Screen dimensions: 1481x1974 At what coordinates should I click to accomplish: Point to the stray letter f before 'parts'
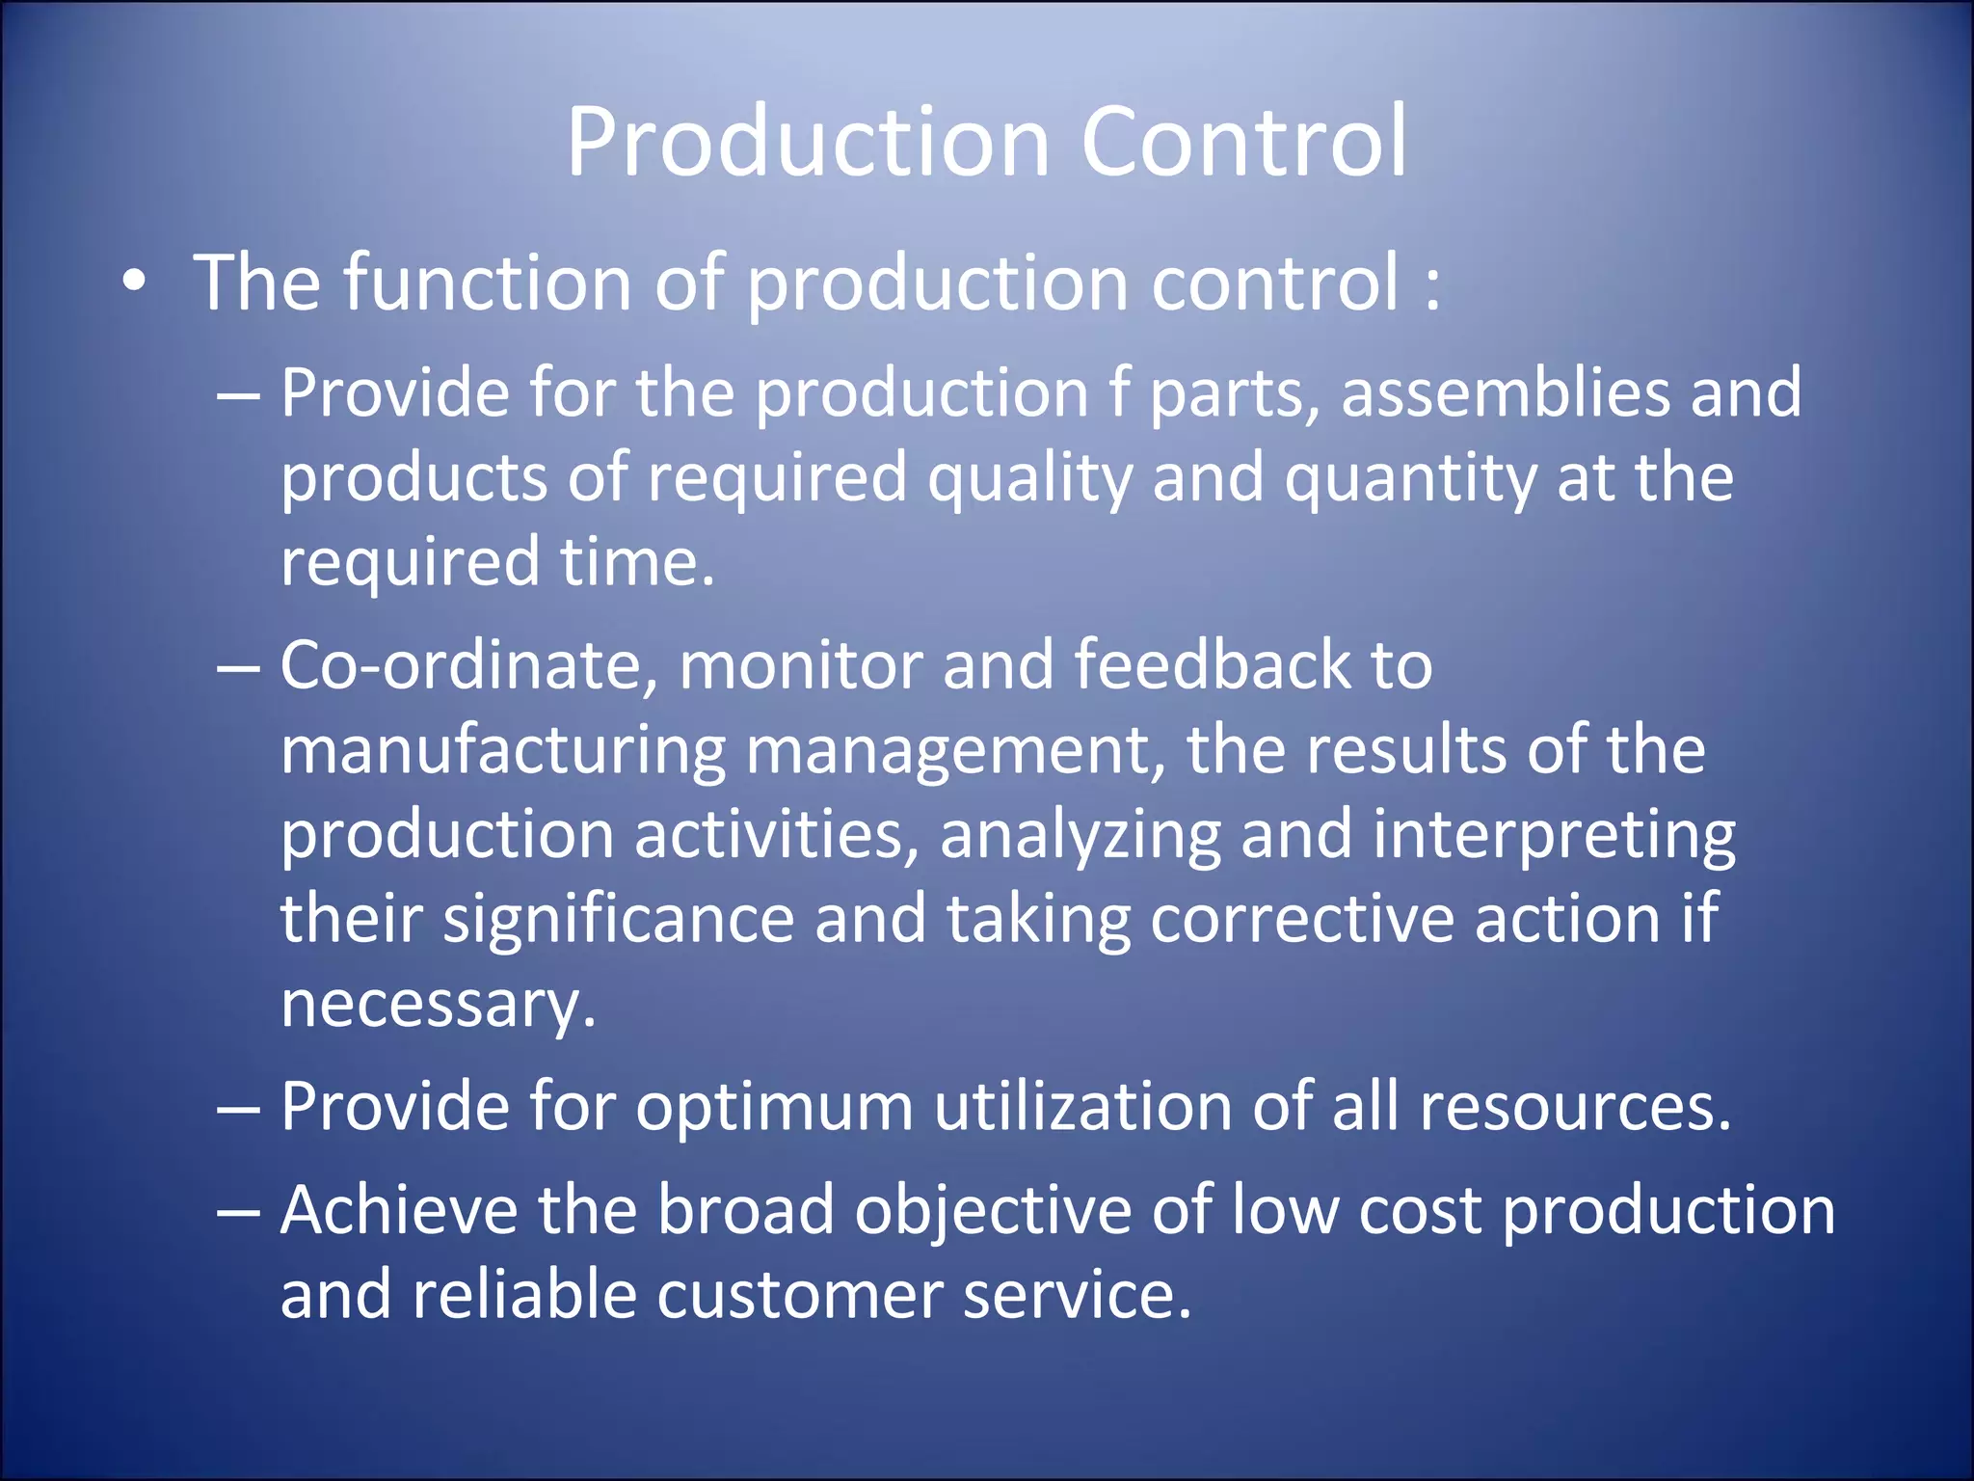pyautogui.click(x=1119, y=392)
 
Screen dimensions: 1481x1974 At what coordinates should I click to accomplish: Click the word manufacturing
pyautogui.click(x=502, y=751)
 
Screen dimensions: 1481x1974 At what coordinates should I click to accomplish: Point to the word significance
pyautogui.click(x=618, y=919)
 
